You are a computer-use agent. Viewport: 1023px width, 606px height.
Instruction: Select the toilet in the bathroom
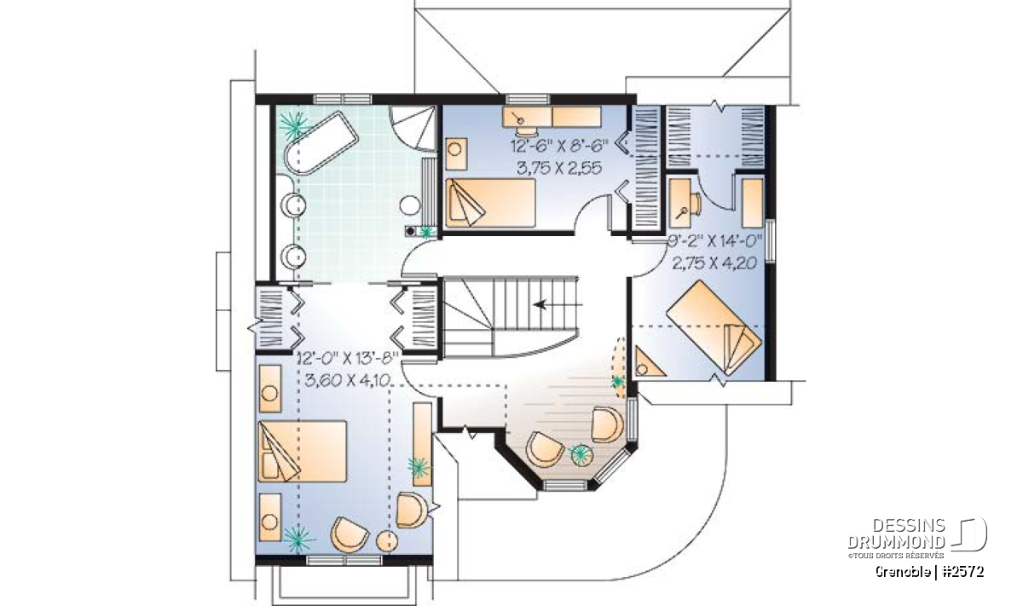[x=411, y=206]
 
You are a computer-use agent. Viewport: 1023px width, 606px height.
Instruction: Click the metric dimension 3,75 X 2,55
[x=559, y=168]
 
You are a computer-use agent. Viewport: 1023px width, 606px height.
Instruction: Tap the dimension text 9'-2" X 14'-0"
[x=714, y=240]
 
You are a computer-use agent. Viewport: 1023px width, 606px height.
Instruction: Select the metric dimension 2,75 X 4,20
[x=714, y=263]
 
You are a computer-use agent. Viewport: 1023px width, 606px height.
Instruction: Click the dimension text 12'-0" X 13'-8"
[x=349, y=357]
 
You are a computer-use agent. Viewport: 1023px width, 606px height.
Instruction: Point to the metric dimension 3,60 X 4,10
[x=347, y=379]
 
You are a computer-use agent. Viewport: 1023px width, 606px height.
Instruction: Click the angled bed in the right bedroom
[x=714, y=327]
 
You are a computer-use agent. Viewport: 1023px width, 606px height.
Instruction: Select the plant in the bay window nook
[x=580, y=453]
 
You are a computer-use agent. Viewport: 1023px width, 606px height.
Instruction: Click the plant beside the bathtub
[x=293, y=124]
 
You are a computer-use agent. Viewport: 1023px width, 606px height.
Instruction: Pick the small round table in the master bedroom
[x=386, y=542]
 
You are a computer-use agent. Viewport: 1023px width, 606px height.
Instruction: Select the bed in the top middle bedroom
[x=489, y=203]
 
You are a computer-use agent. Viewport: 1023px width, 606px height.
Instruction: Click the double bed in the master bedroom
[x=303, y=452]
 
